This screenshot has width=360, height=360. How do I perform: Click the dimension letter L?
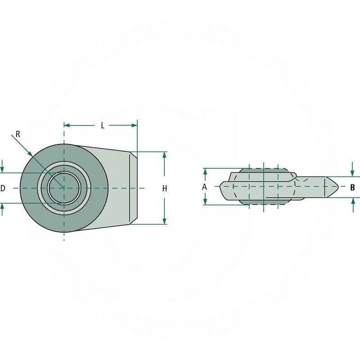[x=103, y=126]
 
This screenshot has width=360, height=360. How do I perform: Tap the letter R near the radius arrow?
[x=18, y=134]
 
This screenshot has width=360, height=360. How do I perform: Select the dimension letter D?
[x=3, y=188]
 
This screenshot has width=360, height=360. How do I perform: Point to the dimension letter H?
[x=165, y=189]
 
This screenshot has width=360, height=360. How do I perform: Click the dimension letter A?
[x=204, y=187]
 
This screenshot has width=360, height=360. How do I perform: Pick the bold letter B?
[x=353, y=187]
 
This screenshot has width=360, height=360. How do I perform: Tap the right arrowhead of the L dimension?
[x=134, y=126]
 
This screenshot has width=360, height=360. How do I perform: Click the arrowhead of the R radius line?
[x=30, y=154]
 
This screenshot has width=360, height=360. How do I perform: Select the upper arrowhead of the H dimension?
[x=164, y=155]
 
